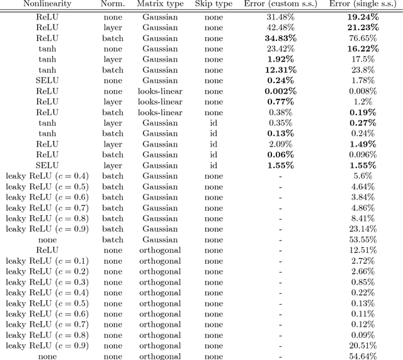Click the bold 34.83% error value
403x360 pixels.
coord(280,38)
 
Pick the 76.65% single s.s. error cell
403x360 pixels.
coord(365,38)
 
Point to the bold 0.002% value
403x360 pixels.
coord(280,91)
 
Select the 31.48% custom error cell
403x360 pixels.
coord(280,16)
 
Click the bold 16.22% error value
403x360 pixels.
coord(365,48)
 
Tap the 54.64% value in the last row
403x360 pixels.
coord(365,356)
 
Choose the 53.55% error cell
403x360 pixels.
coord(365,239)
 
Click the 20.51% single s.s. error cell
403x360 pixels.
coord(365,346)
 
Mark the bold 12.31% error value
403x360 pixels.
coord(280,70)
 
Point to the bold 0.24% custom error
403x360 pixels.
coord(280,81)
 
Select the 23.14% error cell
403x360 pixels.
coord(365,228)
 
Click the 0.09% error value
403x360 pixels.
coord(365,335)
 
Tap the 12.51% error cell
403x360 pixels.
coord(365,250)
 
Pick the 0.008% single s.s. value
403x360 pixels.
coord(365,91)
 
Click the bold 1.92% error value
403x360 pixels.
coord(280,59)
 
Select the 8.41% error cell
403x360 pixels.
coord(365,218)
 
